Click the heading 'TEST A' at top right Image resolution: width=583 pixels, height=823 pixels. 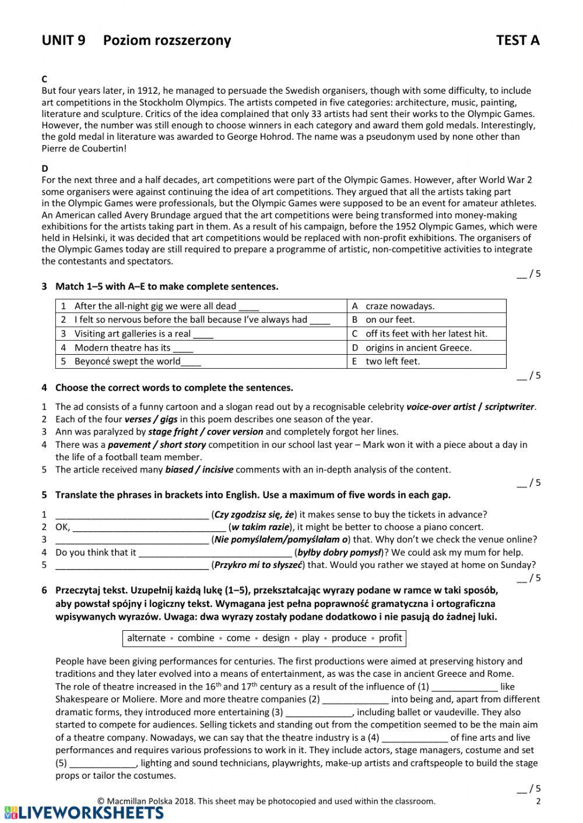tap(517, 40)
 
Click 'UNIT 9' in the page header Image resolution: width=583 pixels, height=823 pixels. tap(64, 40)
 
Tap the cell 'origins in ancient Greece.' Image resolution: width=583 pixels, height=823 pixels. tap(418, 348)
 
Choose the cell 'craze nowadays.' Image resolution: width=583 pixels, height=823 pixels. tap(400, 306)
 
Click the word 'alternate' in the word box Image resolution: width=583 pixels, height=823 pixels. tap(146, 638)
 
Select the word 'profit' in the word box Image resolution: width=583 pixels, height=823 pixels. tap(390, 638)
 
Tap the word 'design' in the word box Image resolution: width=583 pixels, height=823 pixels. tap(276, 638)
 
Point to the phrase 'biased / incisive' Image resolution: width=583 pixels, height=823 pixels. tap(199, 469)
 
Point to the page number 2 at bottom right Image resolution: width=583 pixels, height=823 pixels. tap(538, 801)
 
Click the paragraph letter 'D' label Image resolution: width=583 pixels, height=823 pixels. tap(45, 169)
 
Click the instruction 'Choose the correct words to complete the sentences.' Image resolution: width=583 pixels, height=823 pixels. tap(174, 388)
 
